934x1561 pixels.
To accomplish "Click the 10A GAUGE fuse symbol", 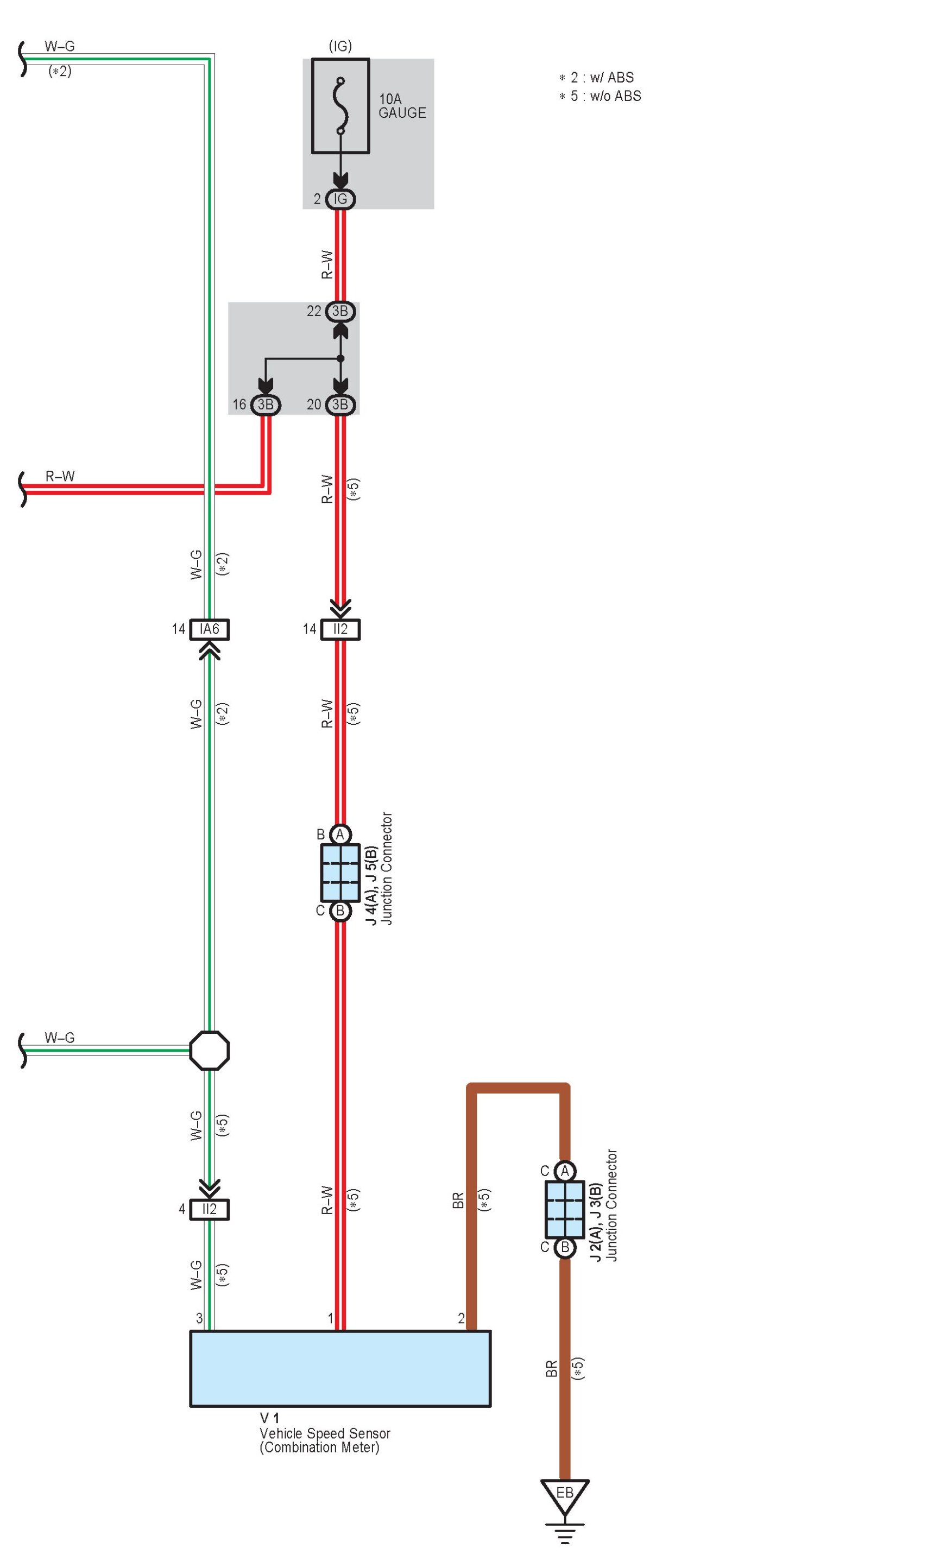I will coord(340,106).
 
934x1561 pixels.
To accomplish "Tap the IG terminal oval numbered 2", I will coord(340,199).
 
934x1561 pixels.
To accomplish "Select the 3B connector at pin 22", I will coord(340,311).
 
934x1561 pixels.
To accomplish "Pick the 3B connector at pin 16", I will coord(266,405).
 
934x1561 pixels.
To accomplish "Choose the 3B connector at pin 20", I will coord(340,405).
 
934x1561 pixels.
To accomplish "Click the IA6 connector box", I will coord(210,629).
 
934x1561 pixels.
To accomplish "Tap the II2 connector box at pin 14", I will coord(340,629).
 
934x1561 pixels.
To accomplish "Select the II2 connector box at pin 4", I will coord(210,1209).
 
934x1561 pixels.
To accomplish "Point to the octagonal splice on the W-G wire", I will coord(210,1050).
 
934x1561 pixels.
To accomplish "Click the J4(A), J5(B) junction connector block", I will coord(340,873).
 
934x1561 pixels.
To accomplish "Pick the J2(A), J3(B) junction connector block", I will coord(565,1209).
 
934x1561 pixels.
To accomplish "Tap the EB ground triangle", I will coord(565,1494).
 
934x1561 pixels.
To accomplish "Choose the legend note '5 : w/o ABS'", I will coord(601,96).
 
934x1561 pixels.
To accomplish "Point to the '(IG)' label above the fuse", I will coord(340,46).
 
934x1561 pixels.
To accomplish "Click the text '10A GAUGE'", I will coord(402,106).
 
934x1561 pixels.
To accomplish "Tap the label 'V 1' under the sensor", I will coord(269,1418).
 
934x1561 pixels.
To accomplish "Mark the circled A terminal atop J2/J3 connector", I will coord(565,1171).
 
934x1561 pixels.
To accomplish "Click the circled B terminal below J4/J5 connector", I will coord(340,911).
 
